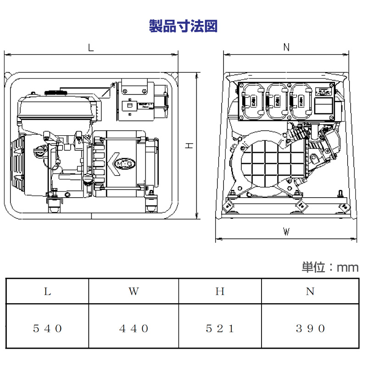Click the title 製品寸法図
point(183,26)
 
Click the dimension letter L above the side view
point(91,47)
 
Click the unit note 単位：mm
point(329,267)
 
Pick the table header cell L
point(47,291)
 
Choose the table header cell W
point(133,291)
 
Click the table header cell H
point(220,291)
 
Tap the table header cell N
point(310,291)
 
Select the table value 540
point(47,328)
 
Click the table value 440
point(133,328)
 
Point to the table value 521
point(220,328)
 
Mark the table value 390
point(310,328)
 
